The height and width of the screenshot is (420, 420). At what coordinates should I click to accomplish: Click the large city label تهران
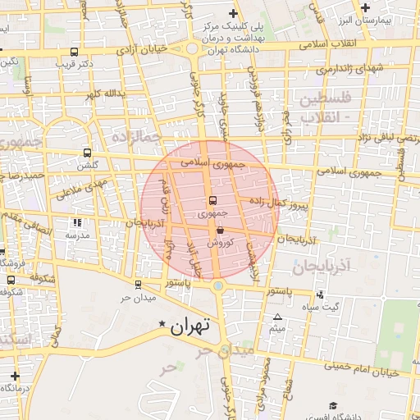[x=189, y=326]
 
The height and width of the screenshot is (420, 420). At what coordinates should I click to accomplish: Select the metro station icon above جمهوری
[x=213, y=200]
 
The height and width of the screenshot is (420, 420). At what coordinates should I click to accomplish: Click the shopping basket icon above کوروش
[x=219, y=231]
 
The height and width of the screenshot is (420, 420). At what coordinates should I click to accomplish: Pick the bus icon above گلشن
[x=88, y=153]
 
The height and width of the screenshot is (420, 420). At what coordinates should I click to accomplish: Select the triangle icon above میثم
[x=277, y=317]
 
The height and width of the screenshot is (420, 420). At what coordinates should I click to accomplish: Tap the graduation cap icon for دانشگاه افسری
[x=332, y=405]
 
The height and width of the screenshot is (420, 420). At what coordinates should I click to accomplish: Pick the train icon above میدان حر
[x=137, y=285]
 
